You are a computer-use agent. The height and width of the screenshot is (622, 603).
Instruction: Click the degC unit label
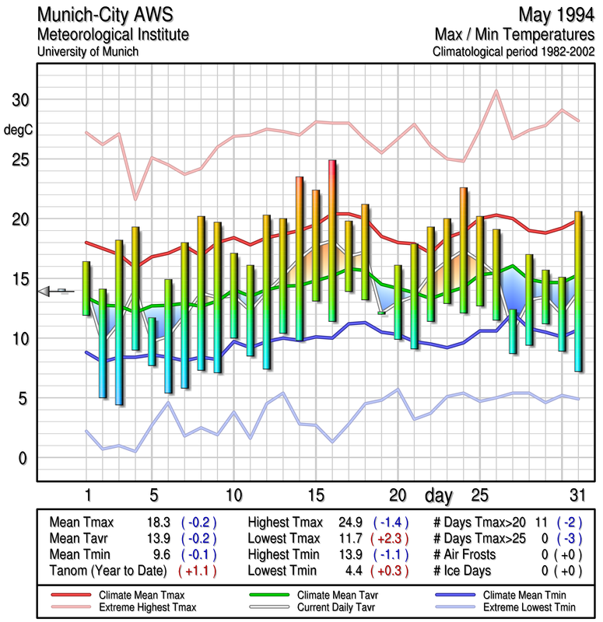pos(17,129)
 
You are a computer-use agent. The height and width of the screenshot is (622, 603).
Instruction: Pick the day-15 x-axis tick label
pos(316,494)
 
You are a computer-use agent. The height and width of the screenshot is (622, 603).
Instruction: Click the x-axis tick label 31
pos(576,494)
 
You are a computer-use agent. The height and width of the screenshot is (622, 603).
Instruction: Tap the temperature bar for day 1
pos(86,288)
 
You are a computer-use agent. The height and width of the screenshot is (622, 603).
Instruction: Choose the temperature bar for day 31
pos(578,291)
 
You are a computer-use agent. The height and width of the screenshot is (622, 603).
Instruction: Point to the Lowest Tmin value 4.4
pos(348,569)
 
